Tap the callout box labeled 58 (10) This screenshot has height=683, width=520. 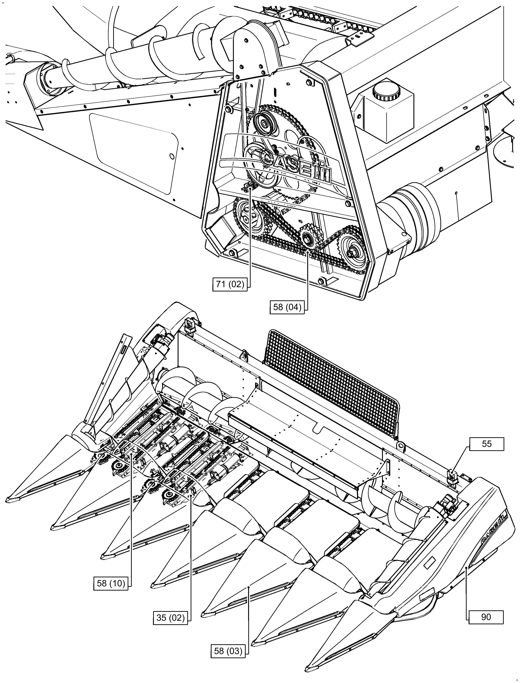click(x=111, y=583)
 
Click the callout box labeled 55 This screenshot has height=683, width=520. click(x=487, y=444)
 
